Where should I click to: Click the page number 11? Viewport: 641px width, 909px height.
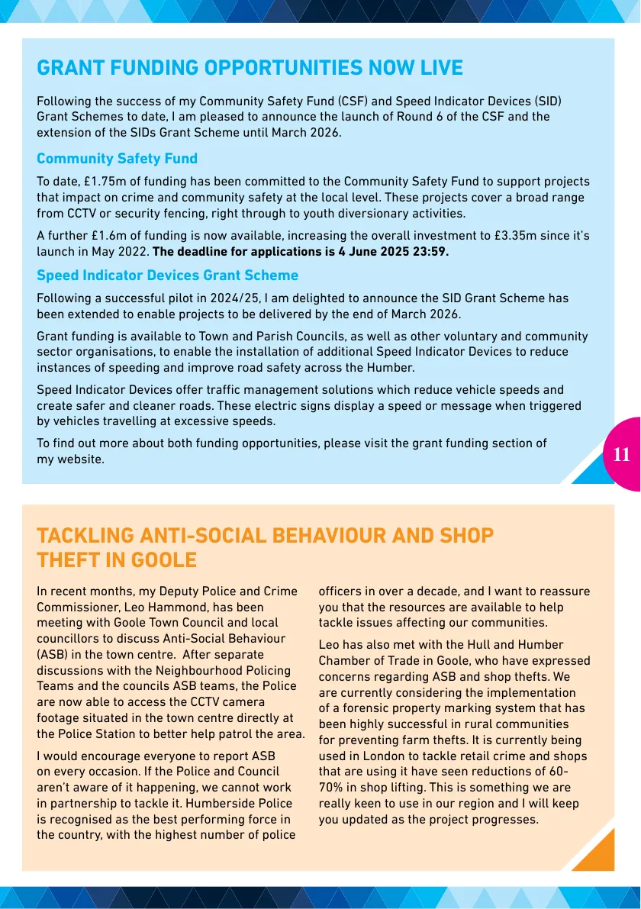[621, 455]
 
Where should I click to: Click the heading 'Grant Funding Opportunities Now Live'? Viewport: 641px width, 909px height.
[250, 68]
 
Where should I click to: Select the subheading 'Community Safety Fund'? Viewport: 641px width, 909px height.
[117, 159]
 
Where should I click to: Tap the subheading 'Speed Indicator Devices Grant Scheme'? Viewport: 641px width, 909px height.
[167, 275]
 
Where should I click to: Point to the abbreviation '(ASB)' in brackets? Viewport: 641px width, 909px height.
[55, 654]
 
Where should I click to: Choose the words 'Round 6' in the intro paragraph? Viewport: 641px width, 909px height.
[451, 117]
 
